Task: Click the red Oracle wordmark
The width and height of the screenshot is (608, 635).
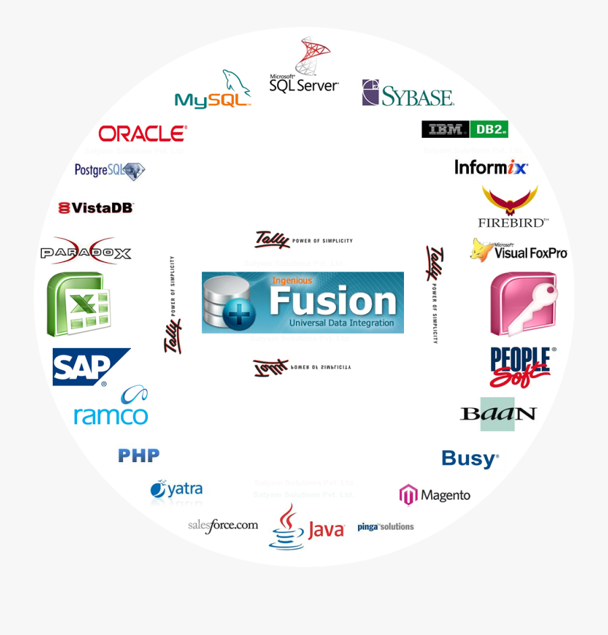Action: click(x=143, y=133)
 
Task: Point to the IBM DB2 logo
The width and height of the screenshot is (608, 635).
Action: click(x=464, y=129)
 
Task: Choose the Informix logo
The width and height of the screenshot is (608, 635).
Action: click(x=490, y=167)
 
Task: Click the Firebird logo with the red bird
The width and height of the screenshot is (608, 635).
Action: click(x=511, y=207)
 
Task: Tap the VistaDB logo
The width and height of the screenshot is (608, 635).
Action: click(x=96, y=207)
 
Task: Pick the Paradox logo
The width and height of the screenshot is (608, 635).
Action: click(x=86, y=251)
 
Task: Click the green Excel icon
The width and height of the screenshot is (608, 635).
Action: click(x=78, y=304)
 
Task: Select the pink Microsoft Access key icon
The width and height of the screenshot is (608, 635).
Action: click(x=523, y=304)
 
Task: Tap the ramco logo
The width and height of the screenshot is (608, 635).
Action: click(x=111, y=407)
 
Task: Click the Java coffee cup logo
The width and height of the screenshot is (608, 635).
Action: click(x=306, y=527)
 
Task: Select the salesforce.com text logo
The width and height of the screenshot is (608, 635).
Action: click(x=223, y=525)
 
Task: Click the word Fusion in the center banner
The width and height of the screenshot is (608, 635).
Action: click(x=332, y=301)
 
